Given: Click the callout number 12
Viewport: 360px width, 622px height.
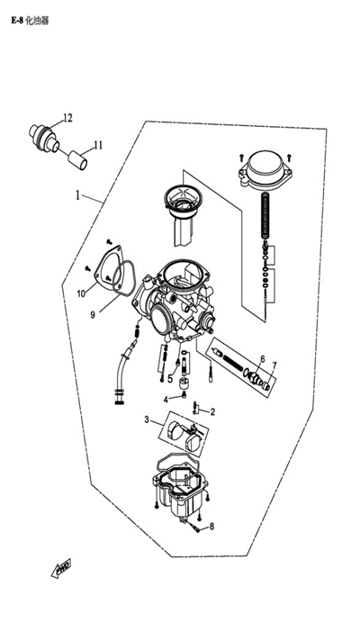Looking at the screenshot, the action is coord(67,118).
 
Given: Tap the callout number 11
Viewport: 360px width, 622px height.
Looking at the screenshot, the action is coord(98,145).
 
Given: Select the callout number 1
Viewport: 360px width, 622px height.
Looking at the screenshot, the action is coord(78,195).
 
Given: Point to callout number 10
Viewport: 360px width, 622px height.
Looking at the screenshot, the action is coord(81,293).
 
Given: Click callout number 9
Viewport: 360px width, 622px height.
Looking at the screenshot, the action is coord(93,315).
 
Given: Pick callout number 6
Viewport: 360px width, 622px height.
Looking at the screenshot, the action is coord(263,359).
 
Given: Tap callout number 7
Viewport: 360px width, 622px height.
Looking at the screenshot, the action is coord(274,365).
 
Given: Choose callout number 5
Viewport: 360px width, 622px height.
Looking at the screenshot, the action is coord(170,379).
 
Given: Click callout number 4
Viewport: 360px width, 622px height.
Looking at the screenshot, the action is coord(166,400).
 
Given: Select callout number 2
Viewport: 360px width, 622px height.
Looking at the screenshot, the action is coord(212,412).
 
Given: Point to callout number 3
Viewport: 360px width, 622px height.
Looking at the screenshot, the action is coord(147,419).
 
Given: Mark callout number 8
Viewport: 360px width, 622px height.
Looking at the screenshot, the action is coord(211,527).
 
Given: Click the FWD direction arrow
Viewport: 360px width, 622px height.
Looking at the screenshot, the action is coord(61,568).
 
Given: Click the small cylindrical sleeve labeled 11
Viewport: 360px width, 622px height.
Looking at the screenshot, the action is coord(78,160).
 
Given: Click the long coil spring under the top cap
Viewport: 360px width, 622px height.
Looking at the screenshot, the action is coord(265,215).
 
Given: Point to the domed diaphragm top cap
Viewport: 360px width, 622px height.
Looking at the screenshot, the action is coord(265,168).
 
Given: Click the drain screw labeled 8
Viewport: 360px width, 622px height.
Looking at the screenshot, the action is coord(196,528).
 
